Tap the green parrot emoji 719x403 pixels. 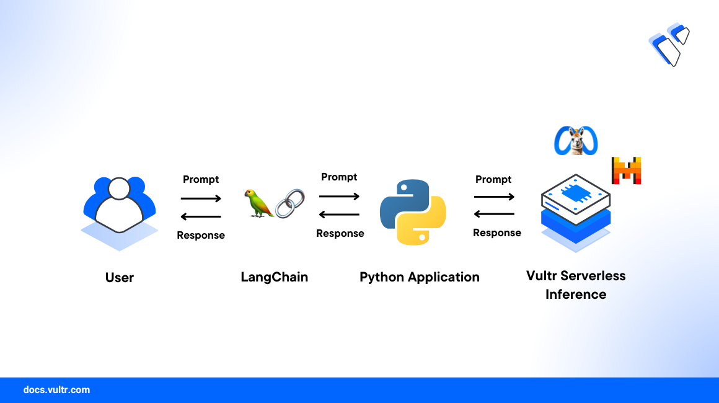click(x=258, y=203)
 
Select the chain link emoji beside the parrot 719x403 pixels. click(x=290, y=203)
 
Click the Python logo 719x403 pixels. click(x=413, y=212)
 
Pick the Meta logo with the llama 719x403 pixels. click(x=576, y=141)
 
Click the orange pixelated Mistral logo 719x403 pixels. click(x=627, y=170)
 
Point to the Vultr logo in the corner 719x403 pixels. click(x=669, y=45)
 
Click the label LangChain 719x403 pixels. click(x=274, y=277)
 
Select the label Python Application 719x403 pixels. click(x=420, y=277)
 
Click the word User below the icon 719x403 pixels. click(x=119, y=277)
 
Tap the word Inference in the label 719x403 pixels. click(x=576, y=294)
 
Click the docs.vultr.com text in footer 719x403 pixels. click(x=56, y=390)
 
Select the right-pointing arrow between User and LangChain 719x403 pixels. click(x=201, y=198)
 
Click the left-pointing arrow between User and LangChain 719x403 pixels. click(x=201, y=216)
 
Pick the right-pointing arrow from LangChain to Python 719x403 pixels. click(x=339, y=196)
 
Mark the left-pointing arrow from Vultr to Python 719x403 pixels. click(x=494, y=214)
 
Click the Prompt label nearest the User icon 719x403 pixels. click(x=201, y=179)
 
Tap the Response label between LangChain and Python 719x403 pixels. click(x=340, y=233)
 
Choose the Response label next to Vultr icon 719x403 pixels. click(x=497, y=233)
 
